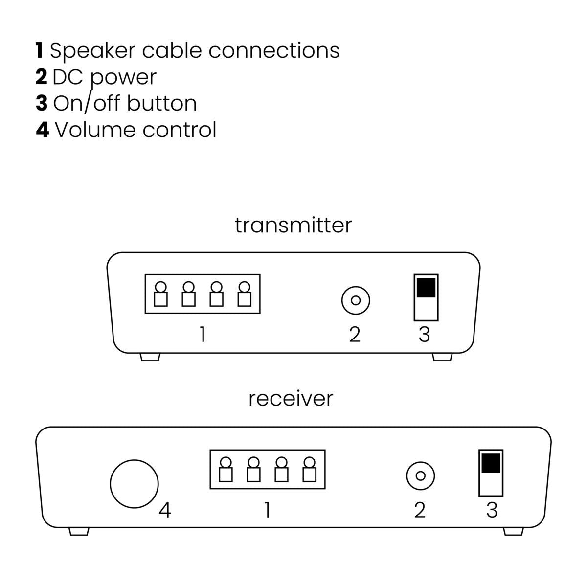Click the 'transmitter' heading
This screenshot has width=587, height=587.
coord(293,225)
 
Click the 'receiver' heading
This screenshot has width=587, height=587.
coord(291,398)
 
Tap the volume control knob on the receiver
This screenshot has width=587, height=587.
coord(134,483)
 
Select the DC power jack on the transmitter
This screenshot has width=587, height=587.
coord(356,300)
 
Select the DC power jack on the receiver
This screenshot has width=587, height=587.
coord(420,475)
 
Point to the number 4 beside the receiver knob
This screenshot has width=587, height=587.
coord(165,511)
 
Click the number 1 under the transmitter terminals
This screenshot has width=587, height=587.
coord(202,335)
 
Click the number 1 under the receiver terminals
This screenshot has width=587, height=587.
coord(267,510)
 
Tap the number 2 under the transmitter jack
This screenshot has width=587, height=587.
coord(355,335)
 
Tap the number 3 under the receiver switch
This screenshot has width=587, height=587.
coord(492,510)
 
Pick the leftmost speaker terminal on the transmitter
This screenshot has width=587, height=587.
coord(160,293)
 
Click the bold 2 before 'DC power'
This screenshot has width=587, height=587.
coord(41,77)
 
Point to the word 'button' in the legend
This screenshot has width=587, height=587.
coord(161,103)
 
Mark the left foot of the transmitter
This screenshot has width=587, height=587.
coord(150,357)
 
